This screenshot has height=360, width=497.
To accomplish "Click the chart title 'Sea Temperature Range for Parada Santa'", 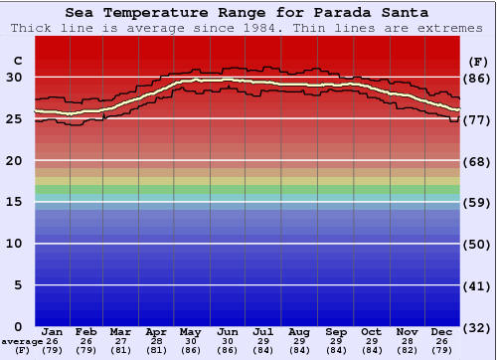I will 248,13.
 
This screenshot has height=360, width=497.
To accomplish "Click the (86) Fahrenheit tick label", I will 478,78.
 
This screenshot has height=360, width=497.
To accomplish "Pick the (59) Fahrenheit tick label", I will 478,202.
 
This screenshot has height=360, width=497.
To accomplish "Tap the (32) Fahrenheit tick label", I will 478,327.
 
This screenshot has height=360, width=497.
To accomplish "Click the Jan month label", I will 53,331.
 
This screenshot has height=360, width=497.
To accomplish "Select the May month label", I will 189,331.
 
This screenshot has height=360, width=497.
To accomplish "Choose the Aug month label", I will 299,331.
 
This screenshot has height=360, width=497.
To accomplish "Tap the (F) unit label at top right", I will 478,61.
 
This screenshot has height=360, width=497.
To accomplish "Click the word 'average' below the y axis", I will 22,340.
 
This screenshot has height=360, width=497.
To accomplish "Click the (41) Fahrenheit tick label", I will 478,285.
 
